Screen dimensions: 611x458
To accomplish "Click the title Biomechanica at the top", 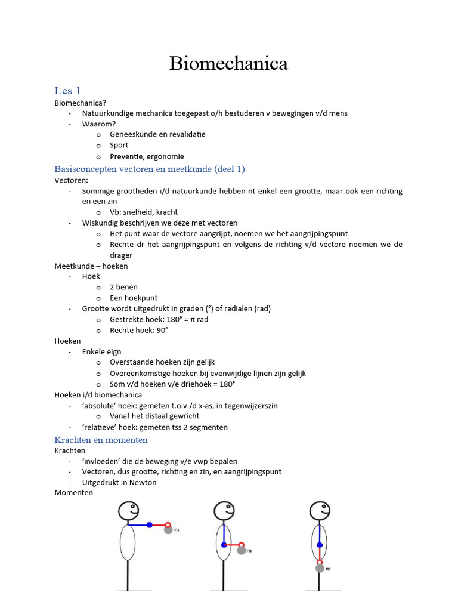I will point(228,63).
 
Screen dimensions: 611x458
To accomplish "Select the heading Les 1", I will point(67,91).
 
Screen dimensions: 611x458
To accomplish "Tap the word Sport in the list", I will point(119,145).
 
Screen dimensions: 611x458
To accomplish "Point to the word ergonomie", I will point(165,156).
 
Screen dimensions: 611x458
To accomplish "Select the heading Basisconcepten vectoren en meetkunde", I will point(149,169).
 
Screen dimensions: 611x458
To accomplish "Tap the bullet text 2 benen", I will point(123,287).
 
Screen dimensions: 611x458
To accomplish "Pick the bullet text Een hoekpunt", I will point(134,298).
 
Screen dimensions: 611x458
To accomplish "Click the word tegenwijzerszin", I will point(249,406).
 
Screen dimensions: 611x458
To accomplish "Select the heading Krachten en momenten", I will point(101,440).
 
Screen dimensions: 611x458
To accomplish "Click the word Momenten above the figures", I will point(73,493).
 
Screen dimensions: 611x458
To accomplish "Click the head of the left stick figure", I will point(128,511).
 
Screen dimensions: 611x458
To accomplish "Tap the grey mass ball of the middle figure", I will point(242,551).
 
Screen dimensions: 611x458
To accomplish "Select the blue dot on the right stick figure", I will point(320,545).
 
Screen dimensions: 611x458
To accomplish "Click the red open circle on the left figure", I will point(167,524).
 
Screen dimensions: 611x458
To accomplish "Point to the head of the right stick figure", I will point(320,511).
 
